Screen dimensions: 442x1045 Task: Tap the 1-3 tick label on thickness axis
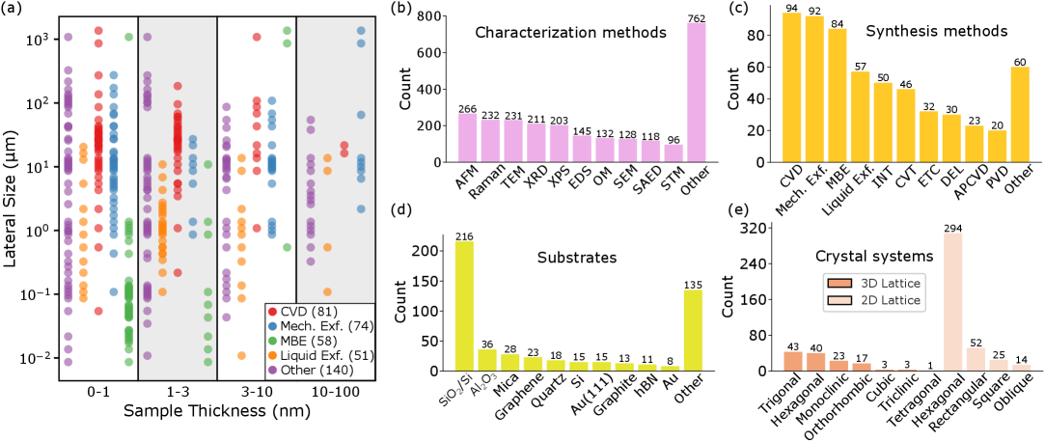click(x=178, y=396)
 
